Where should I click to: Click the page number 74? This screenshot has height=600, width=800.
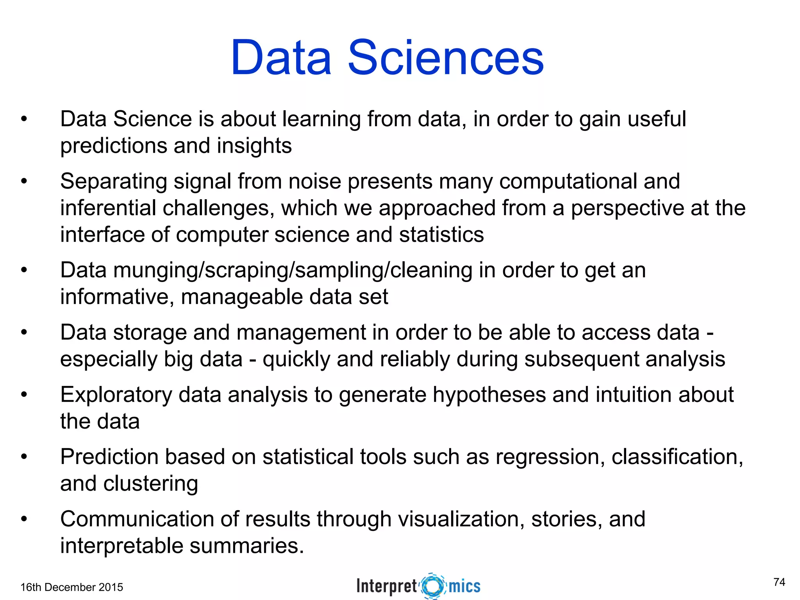[x=779, y=582]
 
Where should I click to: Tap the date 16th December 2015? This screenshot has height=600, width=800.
[x=71, y=587]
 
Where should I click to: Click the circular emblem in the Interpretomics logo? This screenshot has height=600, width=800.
[x=433, y=586]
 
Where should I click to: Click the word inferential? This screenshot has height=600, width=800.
[x=108, y=208]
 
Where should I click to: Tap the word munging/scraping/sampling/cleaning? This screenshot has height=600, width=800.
[x=293, y=271]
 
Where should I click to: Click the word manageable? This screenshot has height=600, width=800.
[x=242, y=297]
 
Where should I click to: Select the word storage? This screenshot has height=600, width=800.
[x=150, y=333]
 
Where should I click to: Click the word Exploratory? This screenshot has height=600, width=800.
[x=116, y=395]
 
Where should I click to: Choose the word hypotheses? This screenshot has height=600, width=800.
[x=489, y=395]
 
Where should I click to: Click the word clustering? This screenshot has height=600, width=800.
[x=151, y=484]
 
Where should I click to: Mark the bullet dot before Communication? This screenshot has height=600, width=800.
[x=24, y=519]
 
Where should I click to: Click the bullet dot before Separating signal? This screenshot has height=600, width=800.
[x=24, y=181]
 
